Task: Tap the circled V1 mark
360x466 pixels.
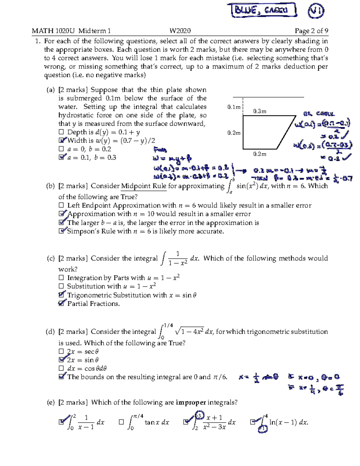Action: [316, 11]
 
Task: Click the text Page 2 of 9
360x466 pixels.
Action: [311, 31]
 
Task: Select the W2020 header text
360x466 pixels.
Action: [180, 31]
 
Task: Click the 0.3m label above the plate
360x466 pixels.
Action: [259, 111]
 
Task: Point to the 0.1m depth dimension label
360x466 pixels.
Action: [234, 107]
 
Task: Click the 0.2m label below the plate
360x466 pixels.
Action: [259, 154]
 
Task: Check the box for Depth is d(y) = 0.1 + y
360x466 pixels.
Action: [61, 132]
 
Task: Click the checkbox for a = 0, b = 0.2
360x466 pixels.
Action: [61, 149]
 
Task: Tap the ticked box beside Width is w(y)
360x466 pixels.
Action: [62, 140]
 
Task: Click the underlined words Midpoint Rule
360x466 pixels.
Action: [143, 186]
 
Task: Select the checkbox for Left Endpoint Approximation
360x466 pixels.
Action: [61, 205]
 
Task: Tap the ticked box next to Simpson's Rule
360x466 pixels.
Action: [62, 231]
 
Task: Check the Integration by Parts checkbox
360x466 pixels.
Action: [61, 278]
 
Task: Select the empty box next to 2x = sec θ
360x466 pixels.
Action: [61, 351]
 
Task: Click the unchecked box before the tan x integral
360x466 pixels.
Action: [121, 422]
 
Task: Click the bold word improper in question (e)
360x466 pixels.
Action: [191, 402]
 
